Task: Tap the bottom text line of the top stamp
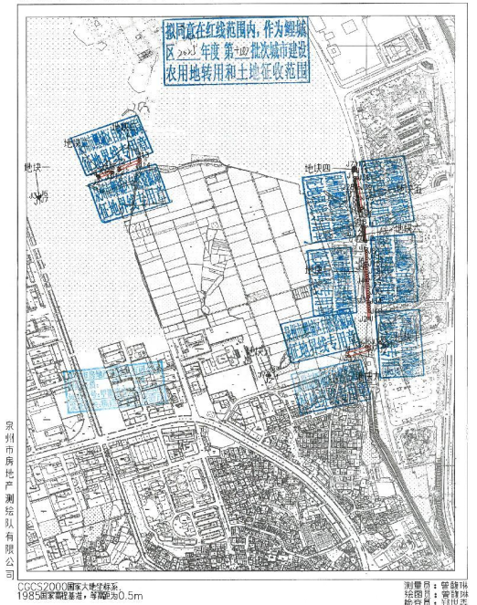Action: tap(240, 70)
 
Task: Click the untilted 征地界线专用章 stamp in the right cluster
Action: tap(317, 339)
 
